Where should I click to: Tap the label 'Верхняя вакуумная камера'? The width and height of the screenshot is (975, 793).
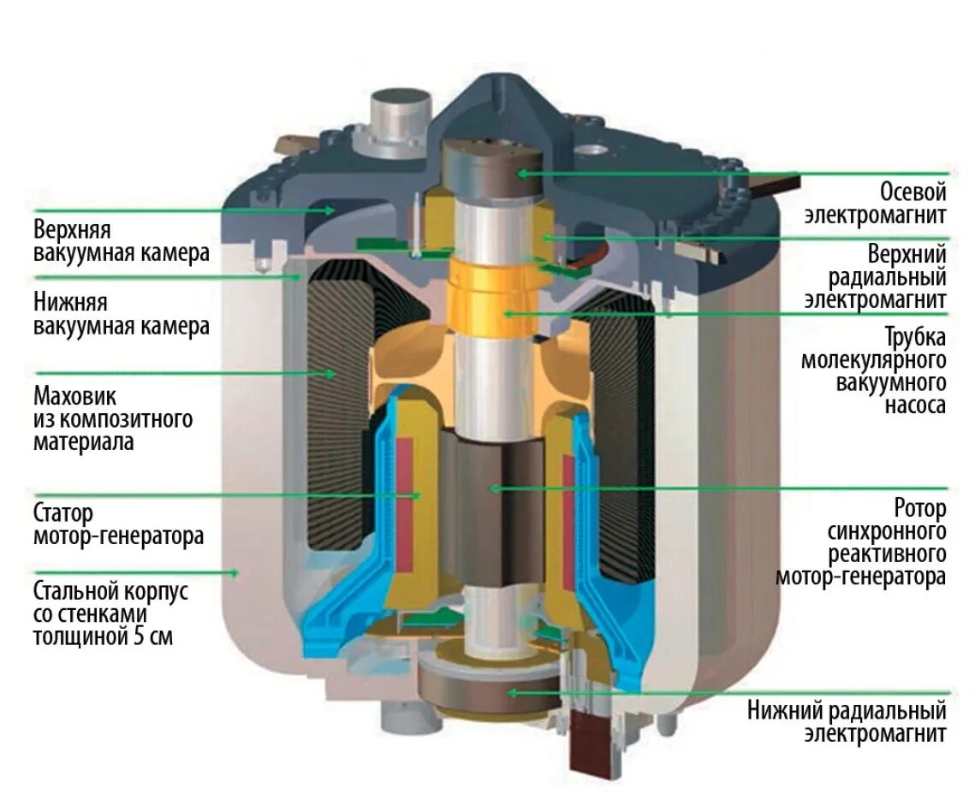121,241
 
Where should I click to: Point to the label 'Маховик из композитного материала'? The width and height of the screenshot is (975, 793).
112,419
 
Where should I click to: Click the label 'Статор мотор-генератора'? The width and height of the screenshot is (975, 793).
118,524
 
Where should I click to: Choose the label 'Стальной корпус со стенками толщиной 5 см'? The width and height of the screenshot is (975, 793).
110,613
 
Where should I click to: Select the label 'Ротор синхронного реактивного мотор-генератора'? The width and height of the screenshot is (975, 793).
860,543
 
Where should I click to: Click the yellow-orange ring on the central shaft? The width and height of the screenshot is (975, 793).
492,295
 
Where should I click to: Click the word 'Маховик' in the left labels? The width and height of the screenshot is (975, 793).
74,397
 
